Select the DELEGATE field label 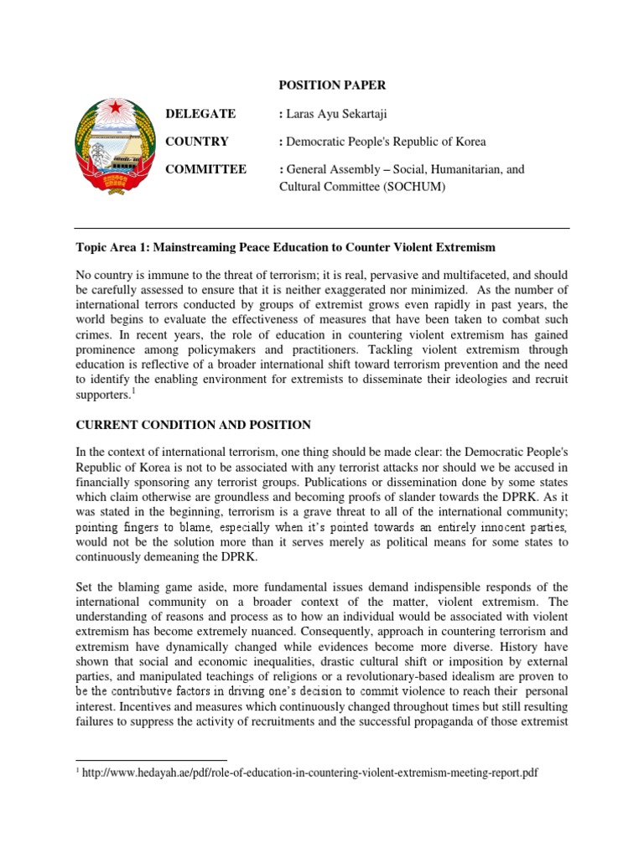(201, 114)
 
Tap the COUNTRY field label (198, 142)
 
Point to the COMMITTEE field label (207, 169)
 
